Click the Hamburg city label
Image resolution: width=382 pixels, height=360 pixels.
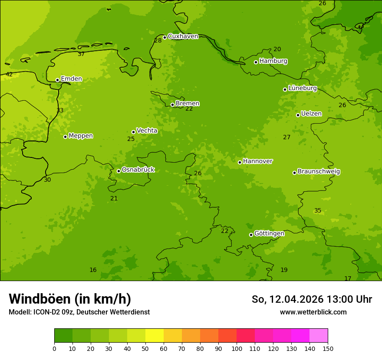273,61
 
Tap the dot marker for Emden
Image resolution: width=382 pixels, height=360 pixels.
57,80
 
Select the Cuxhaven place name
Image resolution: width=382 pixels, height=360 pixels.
183,36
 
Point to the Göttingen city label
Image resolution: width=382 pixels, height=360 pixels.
269,233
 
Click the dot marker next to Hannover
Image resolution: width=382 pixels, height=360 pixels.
240,162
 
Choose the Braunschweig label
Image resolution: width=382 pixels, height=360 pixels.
319,171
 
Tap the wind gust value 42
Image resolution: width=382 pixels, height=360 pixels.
9,75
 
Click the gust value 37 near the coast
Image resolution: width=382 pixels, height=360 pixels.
81,54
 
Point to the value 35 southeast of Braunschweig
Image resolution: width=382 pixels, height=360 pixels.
318,211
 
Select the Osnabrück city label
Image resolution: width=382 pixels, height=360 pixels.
138,170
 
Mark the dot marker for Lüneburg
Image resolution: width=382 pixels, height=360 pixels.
285,89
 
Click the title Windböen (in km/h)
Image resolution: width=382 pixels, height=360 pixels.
70,299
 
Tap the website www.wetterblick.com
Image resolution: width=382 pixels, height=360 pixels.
313,312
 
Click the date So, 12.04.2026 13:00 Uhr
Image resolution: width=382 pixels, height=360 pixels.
312,299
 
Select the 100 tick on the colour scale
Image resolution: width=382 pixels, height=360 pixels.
237,348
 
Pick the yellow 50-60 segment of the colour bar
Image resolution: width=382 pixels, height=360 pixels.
155,336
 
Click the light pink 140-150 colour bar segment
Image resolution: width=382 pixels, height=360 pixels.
319,336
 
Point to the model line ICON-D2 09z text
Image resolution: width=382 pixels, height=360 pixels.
79,312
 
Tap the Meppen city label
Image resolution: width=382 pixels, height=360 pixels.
81,136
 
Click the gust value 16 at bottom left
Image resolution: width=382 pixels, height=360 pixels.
93,270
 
